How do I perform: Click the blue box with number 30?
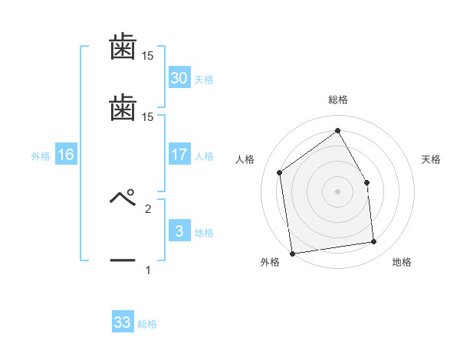(179, 78)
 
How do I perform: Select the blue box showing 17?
(179, 155)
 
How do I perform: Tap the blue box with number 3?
(179, 231)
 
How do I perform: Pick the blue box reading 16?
(66, 155)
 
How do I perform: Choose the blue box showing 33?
(123, 322)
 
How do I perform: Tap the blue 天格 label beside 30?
(204, 80)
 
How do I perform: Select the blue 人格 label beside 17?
(204, 156)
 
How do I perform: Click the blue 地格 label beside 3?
(204, 233)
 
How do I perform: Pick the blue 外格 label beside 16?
(41, 156)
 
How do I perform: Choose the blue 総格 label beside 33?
(147, 324)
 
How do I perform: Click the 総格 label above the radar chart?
(337, 100)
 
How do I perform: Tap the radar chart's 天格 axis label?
(431, 159)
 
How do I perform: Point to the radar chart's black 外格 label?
(270, 262)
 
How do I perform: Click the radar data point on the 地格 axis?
(374, 242)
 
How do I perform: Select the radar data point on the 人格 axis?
(280, 172)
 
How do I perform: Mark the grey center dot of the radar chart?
(337, 191)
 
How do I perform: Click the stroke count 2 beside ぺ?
(148, 208)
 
